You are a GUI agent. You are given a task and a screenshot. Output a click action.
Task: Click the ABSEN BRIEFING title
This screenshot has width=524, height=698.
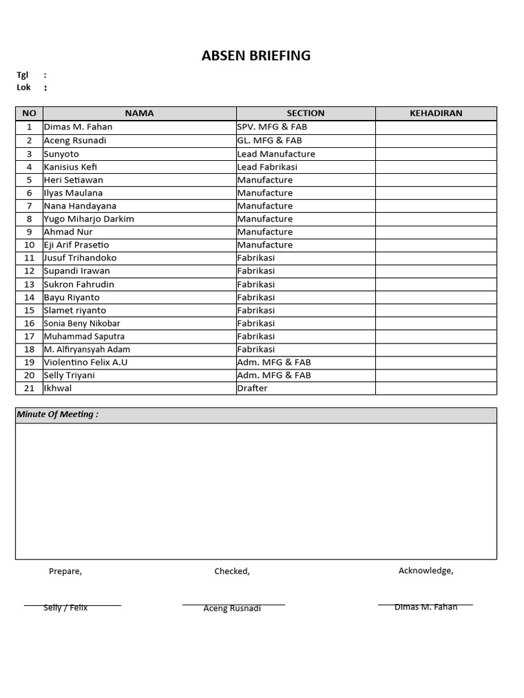click(x=256, y=56)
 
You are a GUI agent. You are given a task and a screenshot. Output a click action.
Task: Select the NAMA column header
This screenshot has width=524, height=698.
click(x=139, y=113)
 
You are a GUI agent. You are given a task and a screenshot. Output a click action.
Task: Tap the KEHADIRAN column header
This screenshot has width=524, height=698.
click(x=436, y=113)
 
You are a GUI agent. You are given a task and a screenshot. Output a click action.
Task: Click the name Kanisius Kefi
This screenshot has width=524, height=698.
click(x=70, y=167)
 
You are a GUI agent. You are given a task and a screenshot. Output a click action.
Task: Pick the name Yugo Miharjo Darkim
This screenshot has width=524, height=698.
click(x=89, y=219)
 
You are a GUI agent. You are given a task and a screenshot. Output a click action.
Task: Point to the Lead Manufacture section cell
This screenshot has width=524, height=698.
click(x=276, y=154)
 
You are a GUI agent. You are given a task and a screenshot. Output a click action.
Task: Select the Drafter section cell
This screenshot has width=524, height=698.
click(x=252, y=389)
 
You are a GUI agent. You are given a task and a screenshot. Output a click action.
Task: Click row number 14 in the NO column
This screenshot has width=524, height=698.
click(x=29, y=297)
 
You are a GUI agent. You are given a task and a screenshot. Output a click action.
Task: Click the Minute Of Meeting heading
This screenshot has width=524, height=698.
click(x=57, y=414)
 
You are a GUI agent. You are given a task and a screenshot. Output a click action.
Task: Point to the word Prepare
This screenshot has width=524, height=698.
click(x=65, y=571)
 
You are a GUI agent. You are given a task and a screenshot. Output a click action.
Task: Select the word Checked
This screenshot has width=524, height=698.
click(x=232, y=571)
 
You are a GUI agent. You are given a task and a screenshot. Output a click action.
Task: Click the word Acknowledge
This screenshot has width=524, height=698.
click(x=426, y=571)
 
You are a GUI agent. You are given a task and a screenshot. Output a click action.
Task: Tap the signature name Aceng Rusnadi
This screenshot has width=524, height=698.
click(x=232, y=608)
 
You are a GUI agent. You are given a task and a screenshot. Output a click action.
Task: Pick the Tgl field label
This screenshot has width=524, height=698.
click(x=23, y=75)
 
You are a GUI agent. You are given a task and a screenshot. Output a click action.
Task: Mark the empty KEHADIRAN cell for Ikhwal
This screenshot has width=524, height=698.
click(x=436, y=389)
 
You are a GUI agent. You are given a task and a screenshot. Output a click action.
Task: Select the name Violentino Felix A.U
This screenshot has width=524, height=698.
click(x=85, y=362)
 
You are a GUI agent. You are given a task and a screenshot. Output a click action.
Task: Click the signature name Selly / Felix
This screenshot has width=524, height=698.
click(x=65, y=607)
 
